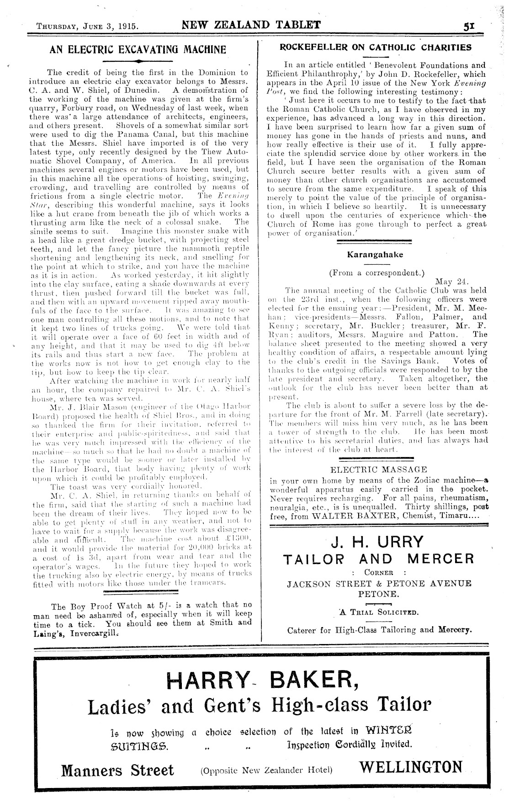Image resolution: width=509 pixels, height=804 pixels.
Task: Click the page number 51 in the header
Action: (x=467, y=26)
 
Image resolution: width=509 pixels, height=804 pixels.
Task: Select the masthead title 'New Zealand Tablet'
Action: (x=251, y=25)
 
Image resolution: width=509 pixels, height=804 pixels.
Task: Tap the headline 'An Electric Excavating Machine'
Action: (x=138, y=49)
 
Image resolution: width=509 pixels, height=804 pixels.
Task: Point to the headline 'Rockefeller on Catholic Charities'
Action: (x=375, y=47)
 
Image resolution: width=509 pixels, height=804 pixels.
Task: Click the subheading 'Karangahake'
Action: (x=375, y=254)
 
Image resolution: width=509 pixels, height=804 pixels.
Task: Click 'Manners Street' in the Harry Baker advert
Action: (x=117, y=770)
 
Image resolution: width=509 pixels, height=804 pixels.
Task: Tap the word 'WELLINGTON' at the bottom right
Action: (x=411, y=767)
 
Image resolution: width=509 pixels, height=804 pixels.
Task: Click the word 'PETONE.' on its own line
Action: (x=377, y=593)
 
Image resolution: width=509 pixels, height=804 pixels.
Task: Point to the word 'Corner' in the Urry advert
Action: (x=379, y=572)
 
